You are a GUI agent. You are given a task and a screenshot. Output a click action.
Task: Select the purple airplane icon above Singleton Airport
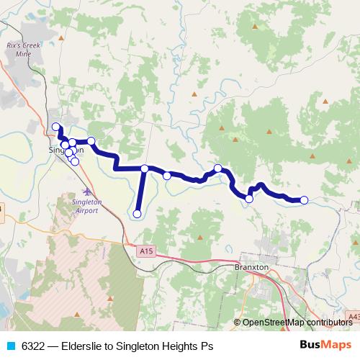pyautogui.click(x=88, y=192)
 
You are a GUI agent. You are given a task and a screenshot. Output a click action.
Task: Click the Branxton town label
pyautogui.click(x=252, y=266)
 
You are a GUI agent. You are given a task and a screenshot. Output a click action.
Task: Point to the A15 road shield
pyautogui.click(x=147, y=251)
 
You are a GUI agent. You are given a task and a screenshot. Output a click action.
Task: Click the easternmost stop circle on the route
pyautogui.click(x=304, y=200)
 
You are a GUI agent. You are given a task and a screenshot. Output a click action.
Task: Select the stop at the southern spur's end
pyautogui.click(x=137, y=213)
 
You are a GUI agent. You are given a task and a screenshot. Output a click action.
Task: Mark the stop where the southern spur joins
pyautogui.click(x=145, y=168)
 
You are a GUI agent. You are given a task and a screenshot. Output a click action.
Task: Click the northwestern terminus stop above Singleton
pyautogui.click(x=56, y=127)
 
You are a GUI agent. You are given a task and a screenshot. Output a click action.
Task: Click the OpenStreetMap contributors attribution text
pyautogui.click(x=297, y=323)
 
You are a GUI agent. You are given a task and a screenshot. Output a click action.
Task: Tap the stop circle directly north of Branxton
pyautogui.click(x=249, y=199)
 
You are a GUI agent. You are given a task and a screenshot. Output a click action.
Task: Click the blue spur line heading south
pyautogui.click(x=140, y=191)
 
